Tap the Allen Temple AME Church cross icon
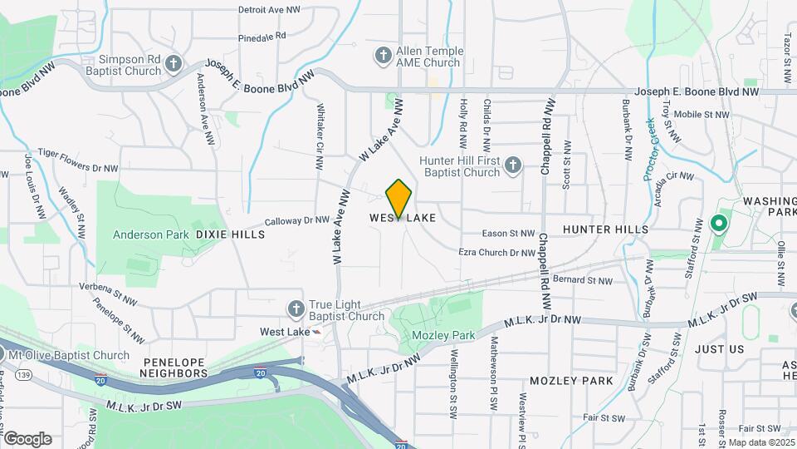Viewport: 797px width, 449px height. [x=383, y=57]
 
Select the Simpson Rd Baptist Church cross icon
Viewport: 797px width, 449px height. [x=174, y=65]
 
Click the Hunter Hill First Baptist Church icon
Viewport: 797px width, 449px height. [x=512, y=166]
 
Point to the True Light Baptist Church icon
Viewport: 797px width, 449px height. [x=296, y=310]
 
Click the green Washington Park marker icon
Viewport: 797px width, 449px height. [x=719, y=224]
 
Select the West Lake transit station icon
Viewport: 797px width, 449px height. [x=316, y=331]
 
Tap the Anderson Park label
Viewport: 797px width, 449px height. [x=151, y=234]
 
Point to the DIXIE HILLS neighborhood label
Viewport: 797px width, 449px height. [x=230, y=234]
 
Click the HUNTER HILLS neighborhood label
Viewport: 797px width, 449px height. [x=605, y=229]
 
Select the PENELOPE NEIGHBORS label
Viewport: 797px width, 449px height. [x=174, y=368]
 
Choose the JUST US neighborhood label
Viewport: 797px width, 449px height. [x=720, y=349]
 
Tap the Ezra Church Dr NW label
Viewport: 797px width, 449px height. [x=496, y=252]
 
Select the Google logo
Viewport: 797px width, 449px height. [x=27, y=439]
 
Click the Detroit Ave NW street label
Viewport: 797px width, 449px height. [x=269, y=10]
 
